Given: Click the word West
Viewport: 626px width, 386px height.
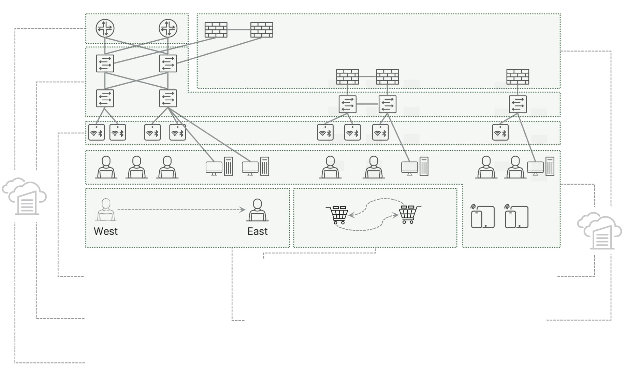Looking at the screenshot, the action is (106, 231).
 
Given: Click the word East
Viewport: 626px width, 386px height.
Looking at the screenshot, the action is (258, 231).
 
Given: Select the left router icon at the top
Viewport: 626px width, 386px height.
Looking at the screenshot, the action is (105, 28).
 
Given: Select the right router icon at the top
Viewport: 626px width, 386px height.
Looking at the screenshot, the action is (168, 28).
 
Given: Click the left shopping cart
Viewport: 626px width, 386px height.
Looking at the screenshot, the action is (337, 215).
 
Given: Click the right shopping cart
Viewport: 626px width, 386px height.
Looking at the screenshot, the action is (410, 215).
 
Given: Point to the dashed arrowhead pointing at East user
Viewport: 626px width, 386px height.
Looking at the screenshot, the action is (243, 210).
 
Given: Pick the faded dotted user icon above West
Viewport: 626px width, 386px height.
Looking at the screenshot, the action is (106, 210).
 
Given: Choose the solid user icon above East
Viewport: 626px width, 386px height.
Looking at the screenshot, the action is (258, 210).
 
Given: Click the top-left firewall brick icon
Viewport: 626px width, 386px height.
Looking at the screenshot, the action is (216, 30).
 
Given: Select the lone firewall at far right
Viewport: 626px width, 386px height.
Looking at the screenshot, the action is (518, 77).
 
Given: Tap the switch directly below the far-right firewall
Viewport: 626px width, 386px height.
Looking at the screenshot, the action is (518, 104).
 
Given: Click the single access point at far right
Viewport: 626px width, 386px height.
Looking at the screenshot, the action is (500, 132).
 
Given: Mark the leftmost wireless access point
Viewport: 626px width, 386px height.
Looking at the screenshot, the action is (97, 132).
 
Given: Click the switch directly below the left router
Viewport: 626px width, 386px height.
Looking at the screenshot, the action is (105, 63).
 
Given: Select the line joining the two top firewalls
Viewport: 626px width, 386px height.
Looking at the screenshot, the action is (239, 30).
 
